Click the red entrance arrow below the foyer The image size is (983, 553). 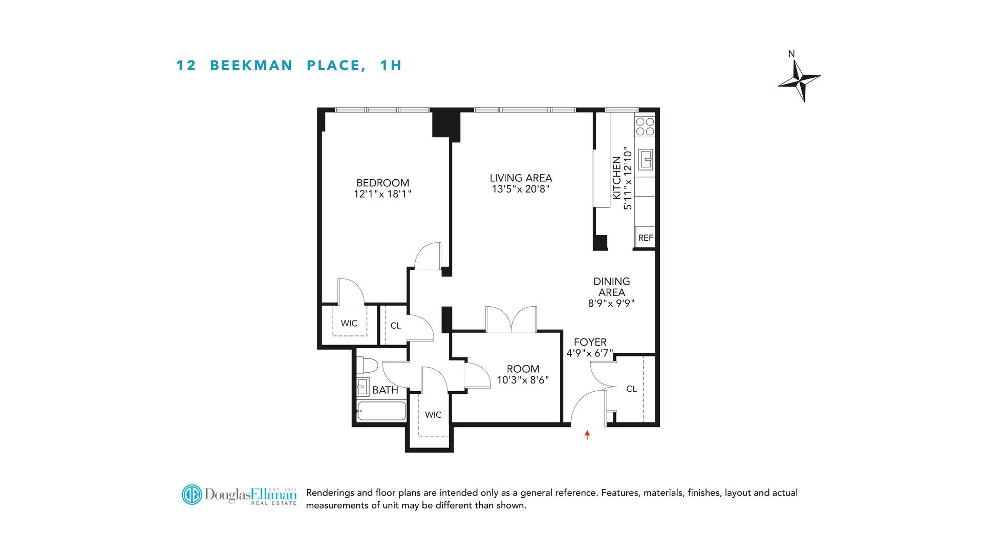587,435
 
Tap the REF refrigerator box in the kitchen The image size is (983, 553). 645,238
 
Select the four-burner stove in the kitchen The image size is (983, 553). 645,126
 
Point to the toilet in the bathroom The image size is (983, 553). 367,365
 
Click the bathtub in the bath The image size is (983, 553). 381,411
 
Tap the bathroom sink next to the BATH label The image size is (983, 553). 363,387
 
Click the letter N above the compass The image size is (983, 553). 792,54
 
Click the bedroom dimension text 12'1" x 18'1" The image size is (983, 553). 382,194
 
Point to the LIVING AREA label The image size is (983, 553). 521,178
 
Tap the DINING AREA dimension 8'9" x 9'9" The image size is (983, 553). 611,303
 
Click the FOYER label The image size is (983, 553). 590,342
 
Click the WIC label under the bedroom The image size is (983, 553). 349,323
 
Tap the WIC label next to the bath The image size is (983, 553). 433,415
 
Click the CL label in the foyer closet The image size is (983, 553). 631,389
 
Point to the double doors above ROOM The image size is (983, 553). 511,320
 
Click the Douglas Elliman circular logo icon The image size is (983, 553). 192,495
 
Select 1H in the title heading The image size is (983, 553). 391,66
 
